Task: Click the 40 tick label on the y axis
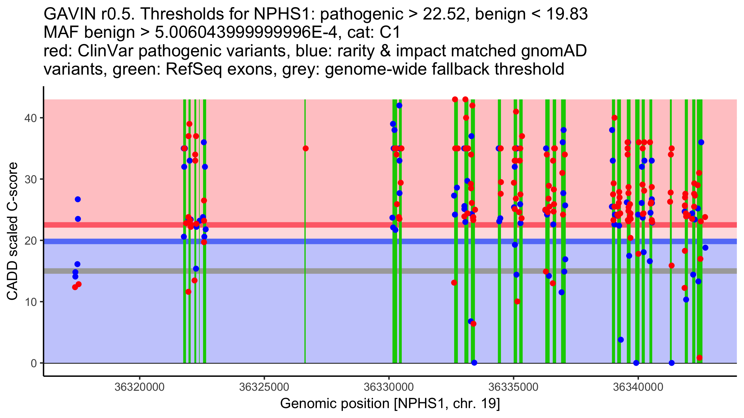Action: (x=31, y=118)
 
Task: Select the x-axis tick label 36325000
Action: (x=264, y=387)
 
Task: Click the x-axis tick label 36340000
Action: (x=638, y=387)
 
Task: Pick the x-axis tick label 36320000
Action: (x=139, y=387)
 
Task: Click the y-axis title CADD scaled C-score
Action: (x=12, y=231)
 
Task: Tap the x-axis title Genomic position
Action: (x=390, y=404)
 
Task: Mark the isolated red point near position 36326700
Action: (x=306, y=148)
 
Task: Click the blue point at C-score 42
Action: (x=399, y=106)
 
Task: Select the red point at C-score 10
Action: (x=517, y=302)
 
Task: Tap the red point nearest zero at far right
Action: (x=699, y=358)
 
